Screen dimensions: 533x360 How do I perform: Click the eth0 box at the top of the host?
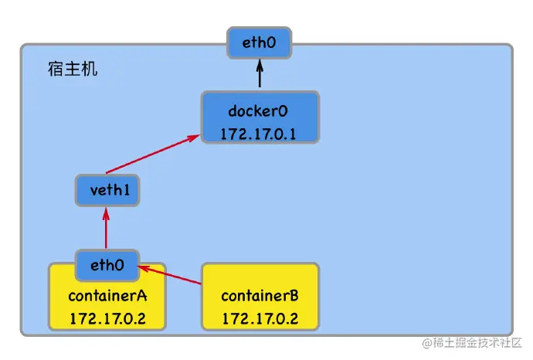pyautogui.click(x=260, y=42)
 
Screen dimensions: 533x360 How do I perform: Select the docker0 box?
pyautogui.click(x=260, y=117)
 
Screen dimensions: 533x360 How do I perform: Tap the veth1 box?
pyautogui.click(x=107, y=190)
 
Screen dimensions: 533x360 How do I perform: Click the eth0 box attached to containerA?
pyautogui.click(x=107, y=265)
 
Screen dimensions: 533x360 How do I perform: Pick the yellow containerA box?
pyautogui.click(x=107, y=306)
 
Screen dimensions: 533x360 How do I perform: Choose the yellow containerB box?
pyautogui.click(x=260, y=297)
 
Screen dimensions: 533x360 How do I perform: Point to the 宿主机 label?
pyautogui.click(x=72, y=70)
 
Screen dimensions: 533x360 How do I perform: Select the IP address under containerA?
pyautogui.click(x=107, y=318)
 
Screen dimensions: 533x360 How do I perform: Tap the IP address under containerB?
pyautogui.click(x=260, y=318)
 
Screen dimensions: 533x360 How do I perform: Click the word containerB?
pyautogui.click(x=260, y=296)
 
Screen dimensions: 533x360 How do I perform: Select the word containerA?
pyautogui.click(x=107, y=296)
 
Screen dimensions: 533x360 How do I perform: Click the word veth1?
pyautogui.click(x=107, y=190)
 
